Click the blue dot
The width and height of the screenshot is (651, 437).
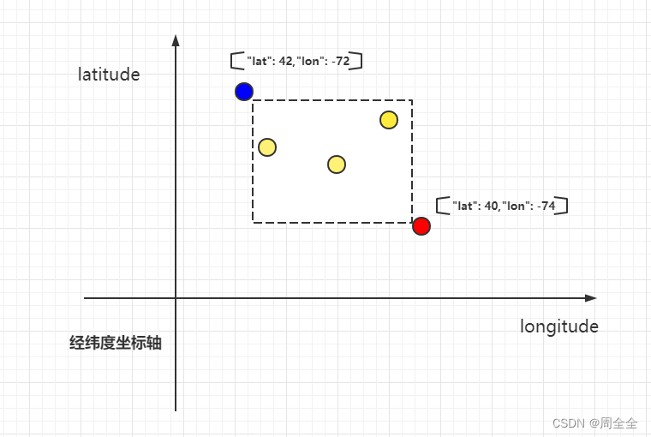(x=244, y=92)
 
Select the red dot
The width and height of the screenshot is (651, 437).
(x=421, y=226)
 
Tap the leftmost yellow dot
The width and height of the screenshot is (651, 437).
(x=267, y=147)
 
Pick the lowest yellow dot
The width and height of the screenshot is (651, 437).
(x=337, y=165)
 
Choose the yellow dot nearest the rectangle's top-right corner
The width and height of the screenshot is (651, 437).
(x=389, y=120)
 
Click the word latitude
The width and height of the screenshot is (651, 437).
(x=109, y=75)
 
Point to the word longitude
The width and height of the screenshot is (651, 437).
(x=558, y=326)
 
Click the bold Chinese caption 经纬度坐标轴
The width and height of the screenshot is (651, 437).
(x=116, y=344)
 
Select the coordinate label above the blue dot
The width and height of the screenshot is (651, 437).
(x=296, y=61)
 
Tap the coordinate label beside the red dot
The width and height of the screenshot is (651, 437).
(x=502, y=207)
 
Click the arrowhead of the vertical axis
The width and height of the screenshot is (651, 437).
(x=176, y=39)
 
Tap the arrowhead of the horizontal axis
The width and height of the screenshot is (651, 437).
(x=591, y=298)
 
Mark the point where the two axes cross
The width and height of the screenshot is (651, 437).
(x=176, y=298)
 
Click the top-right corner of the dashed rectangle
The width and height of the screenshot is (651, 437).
(x=412, y=100)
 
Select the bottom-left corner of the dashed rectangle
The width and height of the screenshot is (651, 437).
(x=253, y=222)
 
